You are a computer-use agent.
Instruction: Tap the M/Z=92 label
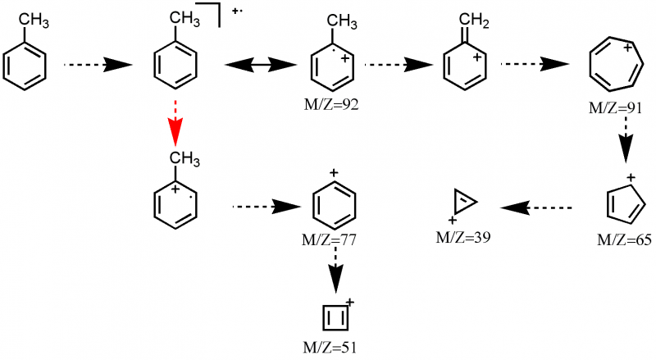click(x=331, y=106)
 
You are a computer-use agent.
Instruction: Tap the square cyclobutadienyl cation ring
click(x=334, y=317)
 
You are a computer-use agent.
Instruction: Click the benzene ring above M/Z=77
click(x=335, y=203)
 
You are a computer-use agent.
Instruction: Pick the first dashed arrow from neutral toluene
click(x=98, y=64)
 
